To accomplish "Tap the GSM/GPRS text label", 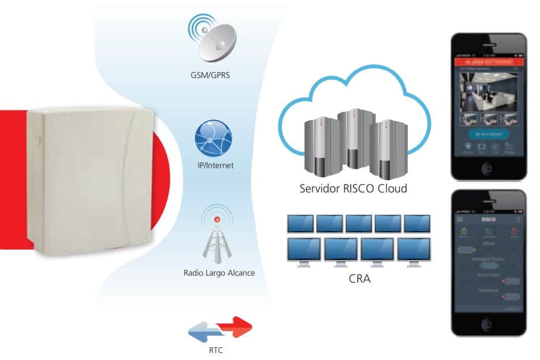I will click(212, 75).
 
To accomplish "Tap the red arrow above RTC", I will click(234, 327).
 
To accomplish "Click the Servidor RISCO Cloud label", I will click(353, 188).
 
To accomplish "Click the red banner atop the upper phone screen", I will click(489, 61).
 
